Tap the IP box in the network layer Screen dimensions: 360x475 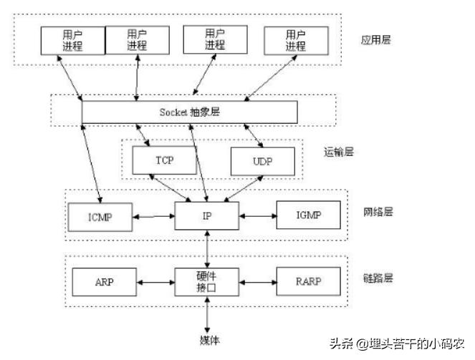[206, 214]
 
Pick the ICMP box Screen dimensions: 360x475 [100, 215]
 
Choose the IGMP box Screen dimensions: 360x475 [308, 214]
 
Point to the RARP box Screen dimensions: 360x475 [308, 281]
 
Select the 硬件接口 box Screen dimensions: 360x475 [206, 281]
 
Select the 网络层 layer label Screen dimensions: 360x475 [378, 212]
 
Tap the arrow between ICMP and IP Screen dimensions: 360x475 [154, 215]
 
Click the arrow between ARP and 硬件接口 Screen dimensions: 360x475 [154, 281]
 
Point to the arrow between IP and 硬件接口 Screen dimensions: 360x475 [206, 248]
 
